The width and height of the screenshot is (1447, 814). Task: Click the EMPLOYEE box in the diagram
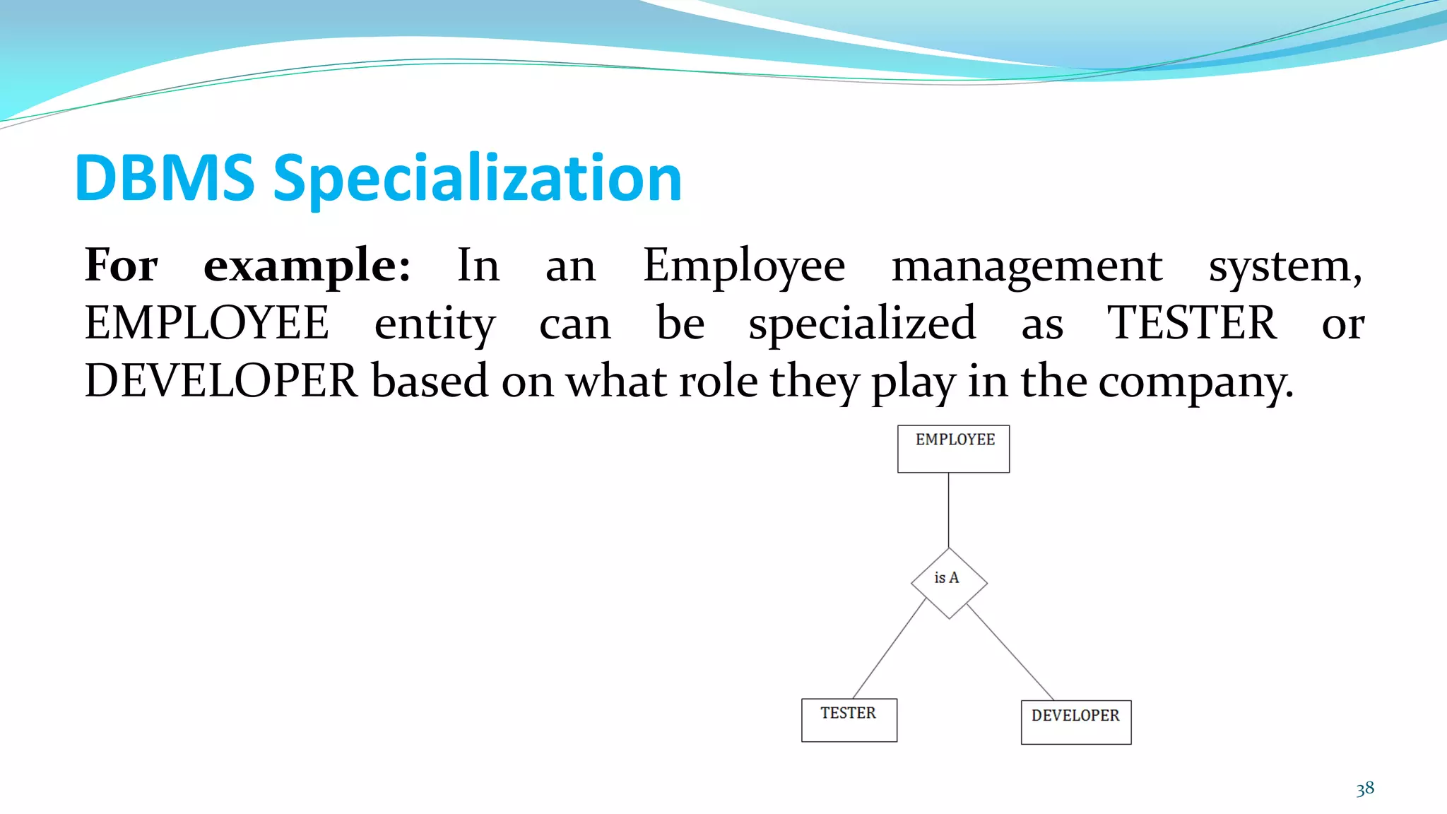point(953,449)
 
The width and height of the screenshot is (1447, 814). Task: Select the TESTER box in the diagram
point(849,720)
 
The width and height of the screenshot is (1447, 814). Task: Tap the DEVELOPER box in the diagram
point(1075,722)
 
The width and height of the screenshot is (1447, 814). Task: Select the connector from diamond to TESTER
point(889,649)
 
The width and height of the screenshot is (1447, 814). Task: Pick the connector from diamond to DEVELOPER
point(1010,652)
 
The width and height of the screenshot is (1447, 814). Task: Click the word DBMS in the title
point(165,178)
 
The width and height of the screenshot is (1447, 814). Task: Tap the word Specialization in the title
point(477,179)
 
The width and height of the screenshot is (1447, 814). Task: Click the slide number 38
point(1364,789)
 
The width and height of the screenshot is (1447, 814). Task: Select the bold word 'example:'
point(307,266)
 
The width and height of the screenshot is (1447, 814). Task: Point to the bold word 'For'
point(121,266)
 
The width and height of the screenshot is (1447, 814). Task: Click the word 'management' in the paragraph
point(1026,266)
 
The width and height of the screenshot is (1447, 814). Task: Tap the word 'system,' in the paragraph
point(1285,266)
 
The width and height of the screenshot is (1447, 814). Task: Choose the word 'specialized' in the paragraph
point(862,324)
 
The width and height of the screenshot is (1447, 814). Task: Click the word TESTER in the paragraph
point(1191,324)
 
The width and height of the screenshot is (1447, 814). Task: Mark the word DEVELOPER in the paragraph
point(221,382)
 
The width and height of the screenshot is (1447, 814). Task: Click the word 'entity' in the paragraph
point(435,324)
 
